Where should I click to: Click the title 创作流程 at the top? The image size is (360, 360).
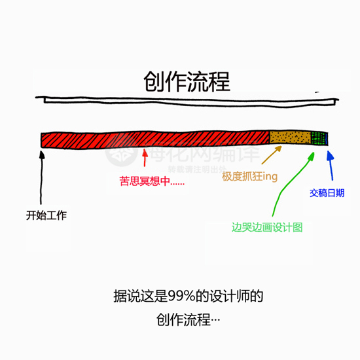pyautogui.click(x=187, y=82)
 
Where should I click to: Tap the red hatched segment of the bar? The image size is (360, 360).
pyautogui.click(x=155, y=139)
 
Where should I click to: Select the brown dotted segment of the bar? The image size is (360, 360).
pyautogui.click(x=290, y=137)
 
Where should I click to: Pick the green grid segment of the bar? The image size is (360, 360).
pyautogui.click(x=318, y=138)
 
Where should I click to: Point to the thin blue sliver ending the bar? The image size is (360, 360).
pyautogui.click(x=327, y=139)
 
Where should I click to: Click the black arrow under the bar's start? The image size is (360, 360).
pyautogui.click(x=41, y=177)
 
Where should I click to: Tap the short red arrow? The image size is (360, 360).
pyautogui.click(x=145, y=158)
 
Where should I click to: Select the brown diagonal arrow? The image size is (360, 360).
pyautogui.click(x=272, y=154)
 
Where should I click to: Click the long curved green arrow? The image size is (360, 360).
pyautogui.click(x=290, y=184)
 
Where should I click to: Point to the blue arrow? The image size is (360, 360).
pyautogui.click(x=331, y=166)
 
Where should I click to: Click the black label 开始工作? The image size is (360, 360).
pyautogui.click(x=46, y=215)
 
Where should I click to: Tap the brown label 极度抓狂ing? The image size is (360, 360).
pyautogui.click(x=250, y=177)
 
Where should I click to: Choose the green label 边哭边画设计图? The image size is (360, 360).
pyautogui.click(x=267, y=227)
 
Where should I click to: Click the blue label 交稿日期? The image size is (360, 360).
pyautogui.click(x=327, y=193)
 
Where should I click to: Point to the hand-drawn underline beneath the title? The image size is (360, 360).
pyautogui.click(x=187, y=101)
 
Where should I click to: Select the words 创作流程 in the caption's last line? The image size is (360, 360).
pyautogui.click(x=183, y=319)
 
